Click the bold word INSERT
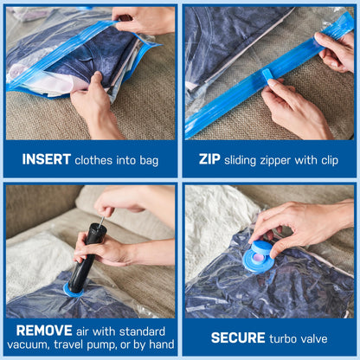(x=46, y=159)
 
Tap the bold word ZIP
(x=210, y=159)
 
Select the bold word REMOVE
(x=43, y=330)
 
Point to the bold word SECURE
(x=239, y=337)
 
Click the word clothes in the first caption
(x=95, y=159)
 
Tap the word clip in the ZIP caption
(x=336, y=159)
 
